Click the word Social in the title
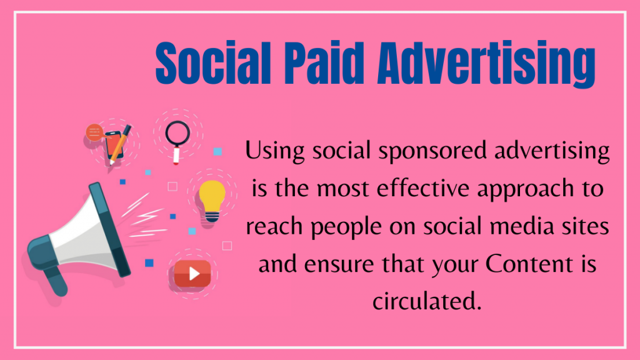210,63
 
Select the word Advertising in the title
486,63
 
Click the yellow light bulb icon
212,199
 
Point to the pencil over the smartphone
120,143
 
